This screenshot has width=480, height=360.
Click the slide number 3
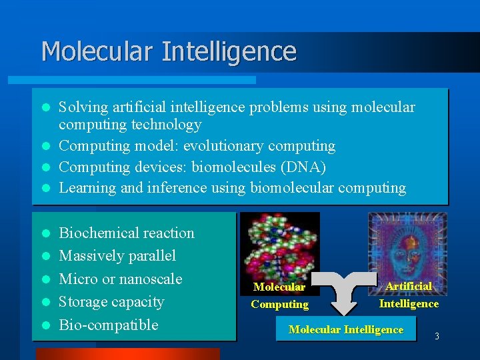(437, 337)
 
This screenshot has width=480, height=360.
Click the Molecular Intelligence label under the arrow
(346, 329)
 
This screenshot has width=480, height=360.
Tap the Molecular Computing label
(279, 295)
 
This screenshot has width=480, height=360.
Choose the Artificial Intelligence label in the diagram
(409, 294)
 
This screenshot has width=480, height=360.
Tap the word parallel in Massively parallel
(153, 256)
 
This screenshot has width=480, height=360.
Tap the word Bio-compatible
(109, 325)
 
